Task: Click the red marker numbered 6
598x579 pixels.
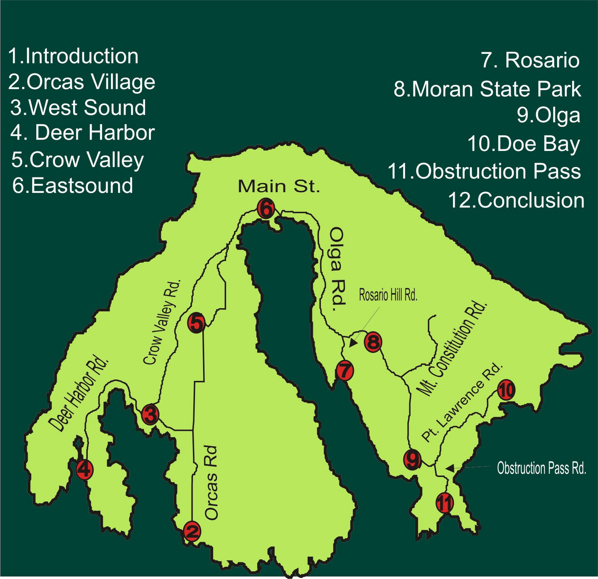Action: (x=266, y=209)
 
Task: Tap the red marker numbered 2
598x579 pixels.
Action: (x=192, y=531)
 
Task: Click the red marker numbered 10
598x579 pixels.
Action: (x=505, y=390)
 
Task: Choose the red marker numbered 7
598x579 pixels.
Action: (x=344, y=371)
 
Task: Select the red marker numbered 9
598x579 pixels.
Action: (x=412, y=458)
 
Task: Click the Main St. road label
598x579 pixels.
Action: (x=278, y=186)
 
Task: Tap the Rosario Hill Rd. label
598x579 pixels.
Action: (x=388, y=294)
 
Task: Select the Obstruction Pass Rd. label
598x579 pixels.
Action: (x=541, y=468)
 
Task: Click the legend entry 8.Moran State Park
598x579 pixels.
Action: (x=487, y=89)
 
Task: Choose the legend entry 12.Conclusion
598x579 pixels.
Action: (x=516, y=200)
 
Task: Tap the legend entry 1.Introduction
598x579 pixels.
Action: (x=73, y=56)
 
